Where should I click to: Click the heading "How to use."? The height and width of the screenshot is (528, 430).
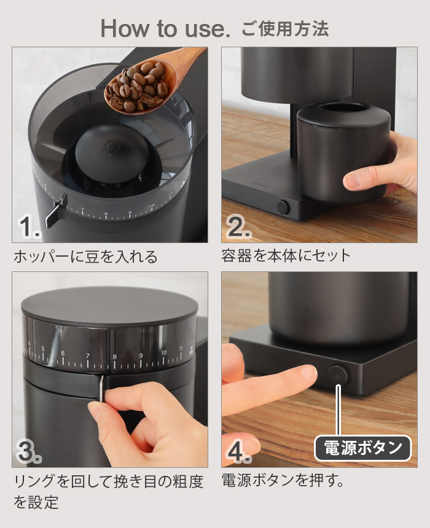point(165,28)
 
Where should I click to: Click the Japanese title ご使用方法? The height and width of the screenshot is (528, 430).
point(285,28)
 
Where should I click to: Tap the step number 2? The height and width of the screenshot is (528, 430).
point(238,228)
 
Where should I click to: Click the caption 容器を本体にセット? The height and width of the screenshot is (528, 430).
point(286,255)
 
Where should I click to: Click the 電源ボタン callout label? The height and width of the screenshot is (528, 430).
point(362,448)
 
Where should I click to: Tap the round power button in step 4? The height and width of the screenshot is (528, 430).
point(337,374)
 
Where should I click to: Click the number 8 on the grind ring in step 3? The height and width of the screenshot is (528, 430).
point(114,355)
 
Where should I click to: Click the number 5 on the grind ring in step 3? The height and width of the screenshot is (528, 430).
point(42,350)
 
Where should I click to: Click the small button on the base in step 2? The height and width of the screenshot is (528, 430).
point(283,206)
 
